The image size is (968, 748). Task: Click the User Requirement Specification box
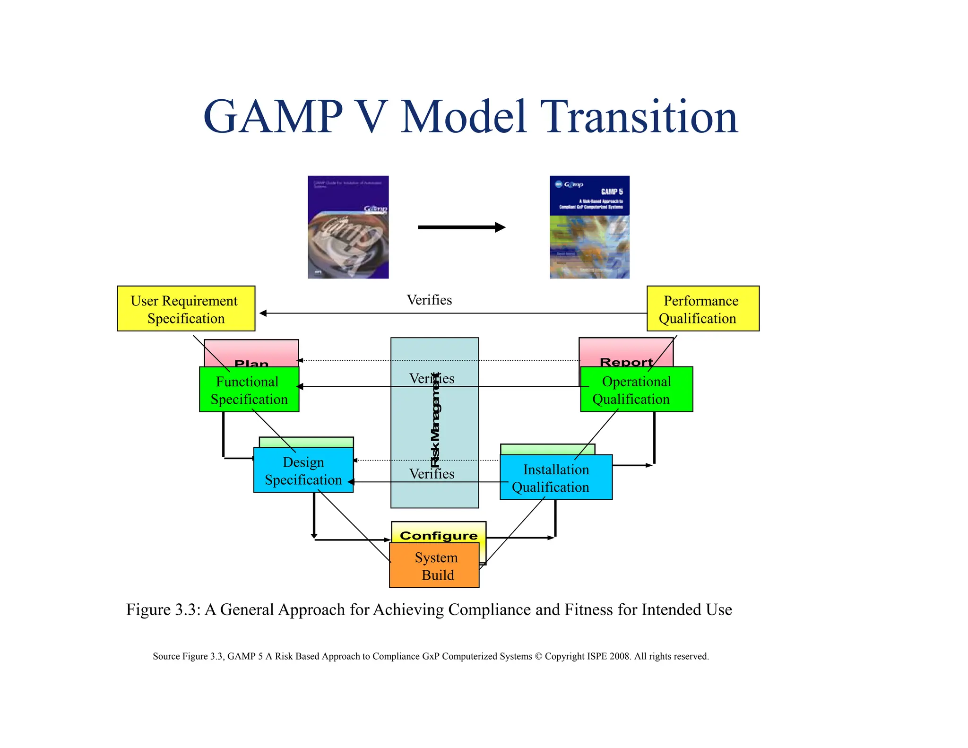pyautogui.click(x=186, y=309)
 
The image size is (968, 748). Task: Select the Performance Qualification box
pyautogui.click(x=702, y=309)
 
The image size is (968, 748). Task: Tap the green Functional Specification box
pyautogui.click(x=249, y=390)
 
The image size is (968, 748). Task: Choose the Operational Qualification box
pyautogui.click(x=636, y=390)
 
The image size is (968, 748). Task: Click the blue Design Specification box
pyautogui.click(x=303, y=470)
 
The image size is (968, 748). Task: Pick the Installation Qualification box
pyautogui.click(x=556, y=478)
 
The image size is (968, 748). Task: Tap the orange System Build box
pyautogui.click(x=434, y=565)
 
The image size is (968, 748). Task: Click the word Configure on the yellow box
pyautogui.click(x=439, y=535)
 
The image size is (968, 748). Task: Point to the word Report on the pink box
pyautogui.click(x=626, y=362)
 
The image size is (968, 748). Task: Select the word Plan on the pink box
pyautogui.click(x=251, y=363)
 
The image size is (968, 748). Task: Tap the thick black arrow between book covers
pyautogui.click(x=461, y=227)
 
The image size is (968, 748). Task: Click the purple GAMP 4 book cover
pyautogui.click(x=348, y=227)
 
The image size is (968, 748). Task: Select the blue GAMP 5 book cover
pyautogui.click(x=589, y=227)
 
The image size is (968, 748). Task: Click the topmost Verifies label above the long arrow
pyautogui.click(x=429, y=300)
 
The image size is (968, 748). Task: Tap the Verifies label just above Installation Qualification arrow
pyautogui.click(x=432, y=473)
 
